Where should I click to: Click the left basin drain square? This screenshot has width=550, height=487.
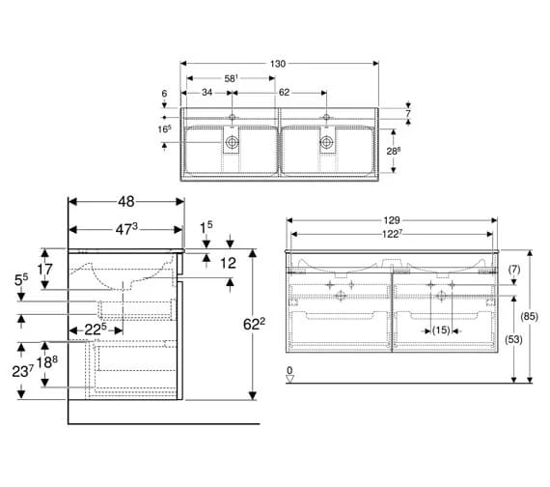[232, 143]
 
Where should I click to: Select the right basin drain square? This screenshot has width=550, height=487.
[327, 143]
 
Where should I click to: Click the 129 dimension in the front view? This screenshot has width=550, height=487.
[391, 220]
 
